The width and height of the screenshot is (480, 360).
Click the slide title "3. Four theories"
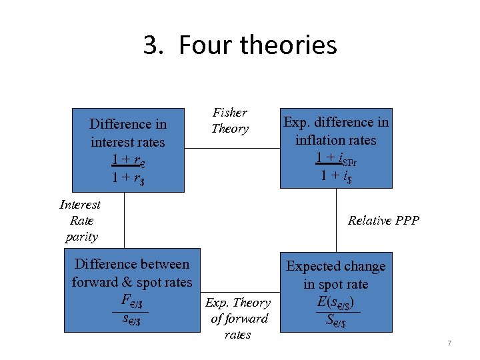pos(240,45)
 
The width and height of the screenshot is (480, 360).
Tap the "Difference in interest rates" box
pos(128,150)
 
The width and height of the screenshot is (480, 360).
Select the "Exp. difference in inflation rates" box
pos(336,148)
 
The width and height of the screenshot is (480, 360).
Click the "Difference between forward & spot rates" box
pos(131,291)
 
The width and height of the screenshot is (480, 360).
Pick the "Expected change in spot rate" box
pos(336,293)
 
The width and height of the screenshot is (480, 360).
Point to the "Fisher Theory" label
pos(230,121)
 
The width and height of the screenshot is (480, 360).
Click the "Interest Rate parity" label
pos(81,221)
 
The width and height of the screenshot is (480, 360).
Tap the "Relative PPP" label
pos(383,221)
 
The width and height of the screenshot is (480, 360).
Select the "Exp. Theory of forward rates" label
pos(238,319)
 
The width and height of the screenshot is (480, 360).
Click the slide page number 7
pos(449,343)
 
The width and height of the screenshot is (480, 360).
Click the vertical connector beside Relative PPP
pos(336,221)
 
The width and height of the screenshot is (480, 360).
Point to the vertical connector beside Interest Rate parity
pos(124,221)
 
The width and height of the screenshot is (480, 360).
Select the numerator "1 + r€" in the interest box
pos(128,161)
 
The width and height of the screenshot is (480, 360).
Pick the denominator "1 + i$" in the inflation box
pos(336,176)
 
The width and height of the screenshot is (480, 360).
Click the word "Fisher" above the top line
pos(230,113)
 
